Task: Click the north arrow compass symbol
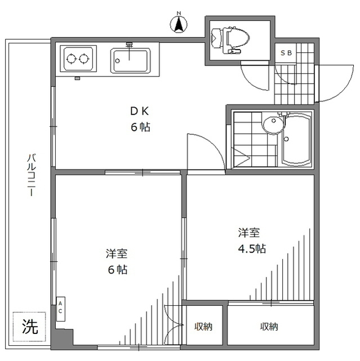pos(179,24)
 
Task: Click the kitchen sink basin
pos(130,59)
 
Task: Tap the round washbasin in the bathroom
pos(271,125)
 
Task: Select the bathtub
pos(296,139)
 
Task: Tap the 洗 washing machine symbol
pos(30,327)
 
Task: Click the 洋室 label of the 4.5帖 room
pos(248,232)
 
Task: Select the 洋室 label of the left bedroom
pos(118,253)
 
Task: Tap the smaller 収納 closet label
pos(204,327)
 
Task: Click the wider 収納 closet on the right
pos(269,327)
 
